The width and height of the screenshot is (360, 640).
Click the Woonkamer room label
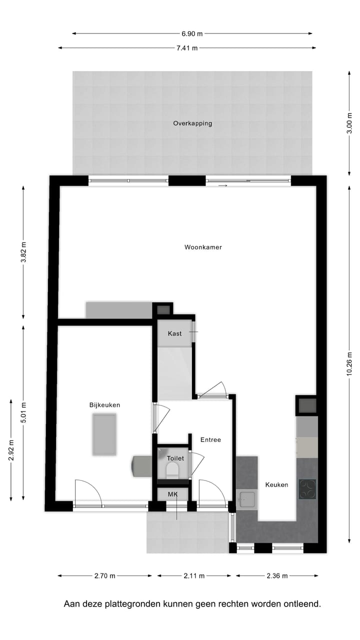pyautogui.click(x=203, y=247)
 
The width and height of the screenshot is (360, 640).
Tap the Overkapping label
pyautogui.click(x=192, y=123)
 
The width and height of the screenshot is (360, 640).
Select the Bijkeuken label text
pyautogui.click(x=105, y=405)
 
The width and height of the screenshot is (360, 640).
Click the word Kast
pyautogui.click(x=175, y=333)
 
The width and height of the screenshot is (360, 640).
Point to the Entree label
pyautogui.click(x=210, y=440)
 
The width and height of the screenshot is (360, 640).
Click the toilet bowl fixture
pyautogui.click(x=172, y=470)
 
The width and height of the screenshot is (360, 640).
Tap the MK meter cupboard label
pyautogui.click(x=172, y=494)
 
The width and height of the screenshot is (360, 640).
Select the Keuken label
pyautogui.click(x=276, y=484)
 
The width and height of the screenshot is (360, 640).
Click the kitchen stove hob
pyautogui.click(x=307, y=489)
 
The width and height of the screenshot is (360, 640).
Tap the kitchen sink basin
pyautogui.click(x=247, y=499)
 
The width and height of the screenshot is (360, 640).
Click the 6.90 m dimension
pyautogui.click(x=192, y=33)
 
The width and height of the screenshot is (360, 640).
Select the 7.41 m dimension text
pyautogui.click(x=187, y=48)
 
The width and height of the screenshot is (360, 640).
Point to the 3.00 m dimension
pyautogui.click(x=349, y=123)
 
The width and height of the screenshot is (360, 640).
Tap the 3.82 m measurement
pyautogui.click(x=23, y=252)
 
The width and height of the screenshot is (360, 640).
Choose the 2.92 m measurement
pyautogui.click(x=11, y=449)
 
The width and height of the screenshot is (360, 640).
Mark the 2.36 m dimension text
pyautogui.click(x=277, y=576)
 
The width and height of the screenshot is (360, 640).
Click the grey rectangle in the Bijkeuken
pyautogui.click(x=104, y=434)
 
